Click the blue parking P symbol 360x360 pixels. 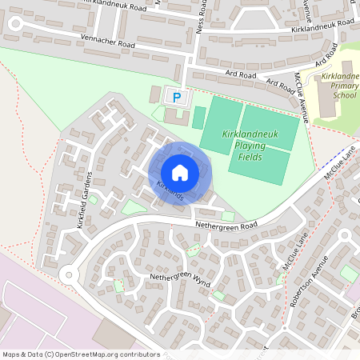(178, 97)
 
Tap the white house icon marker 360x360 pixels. (180, 173)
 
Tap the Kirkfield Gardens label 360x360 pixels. (85, 200)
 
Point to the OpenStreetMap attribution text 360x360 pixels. (80, 354)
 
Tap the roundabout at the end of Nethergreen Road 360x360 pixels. (68, 276)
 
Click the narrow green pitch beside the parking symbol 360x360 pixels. (198, 118)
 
